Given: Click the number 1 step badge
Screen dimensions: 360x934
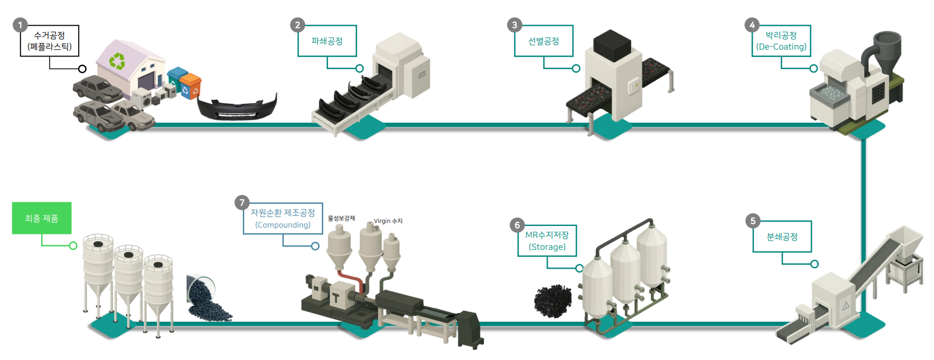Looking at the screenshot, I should point(20,25).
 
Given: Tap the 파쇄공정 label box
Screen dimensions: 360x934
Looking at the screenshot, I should point(327,41).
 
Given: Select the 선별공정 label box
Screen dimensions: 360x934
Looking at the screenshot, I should point(543,41).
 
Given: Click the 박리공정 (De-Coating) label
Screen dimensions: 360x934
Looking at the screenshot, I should point(781,41).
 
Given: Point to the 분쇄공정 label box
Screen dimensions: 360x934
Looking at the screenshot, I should point(782,237).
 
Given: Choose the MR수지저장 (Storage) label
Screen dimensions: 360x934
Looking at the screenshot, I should point(547,241).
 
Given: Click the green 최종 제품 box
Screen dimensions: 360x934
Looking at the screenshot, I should point(42,218).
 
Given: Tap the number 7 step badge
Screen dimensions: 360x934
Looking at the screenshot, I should point(242,203).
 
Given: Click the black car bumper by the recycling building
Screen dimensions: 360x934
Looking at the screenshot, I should point(237,107).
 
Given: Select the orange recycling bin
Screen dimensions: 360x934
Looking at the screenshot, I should point(191,86).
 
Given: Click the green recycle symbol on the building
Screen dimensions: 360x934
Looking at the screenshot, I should point(117,61).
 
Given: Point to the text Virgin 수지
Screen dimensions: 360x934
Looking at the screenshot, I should point(388,221).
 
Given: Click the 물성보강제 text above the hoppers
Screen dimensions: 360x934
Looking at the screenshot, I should point(341,219).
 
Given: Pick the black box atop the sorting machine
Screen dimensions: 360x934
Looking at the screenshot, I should point(612,46).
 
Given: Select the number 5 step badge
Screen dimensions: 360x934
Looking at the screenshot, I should point(753,221).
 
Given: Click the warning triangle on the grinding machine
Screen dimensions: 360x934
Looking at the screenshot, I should point(846,306).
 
